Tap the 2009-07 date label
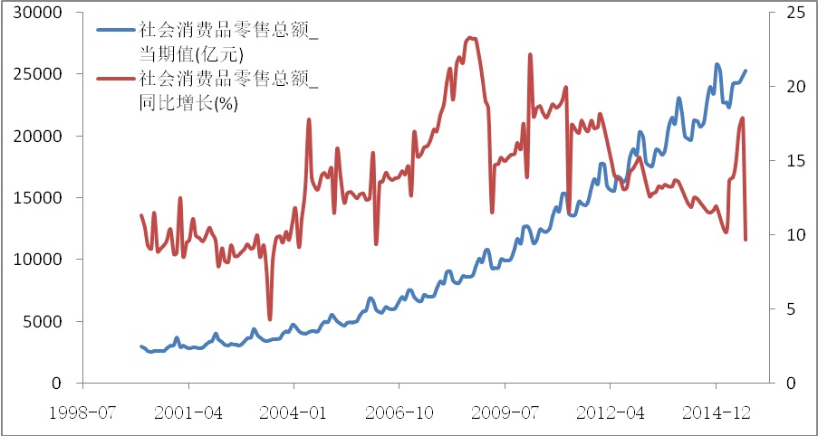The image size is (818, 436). tap(505, 412)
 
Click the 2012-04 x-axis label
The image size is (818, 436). tap(610, 412)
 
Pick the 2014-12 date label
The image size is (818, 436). tap(715, 412)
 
